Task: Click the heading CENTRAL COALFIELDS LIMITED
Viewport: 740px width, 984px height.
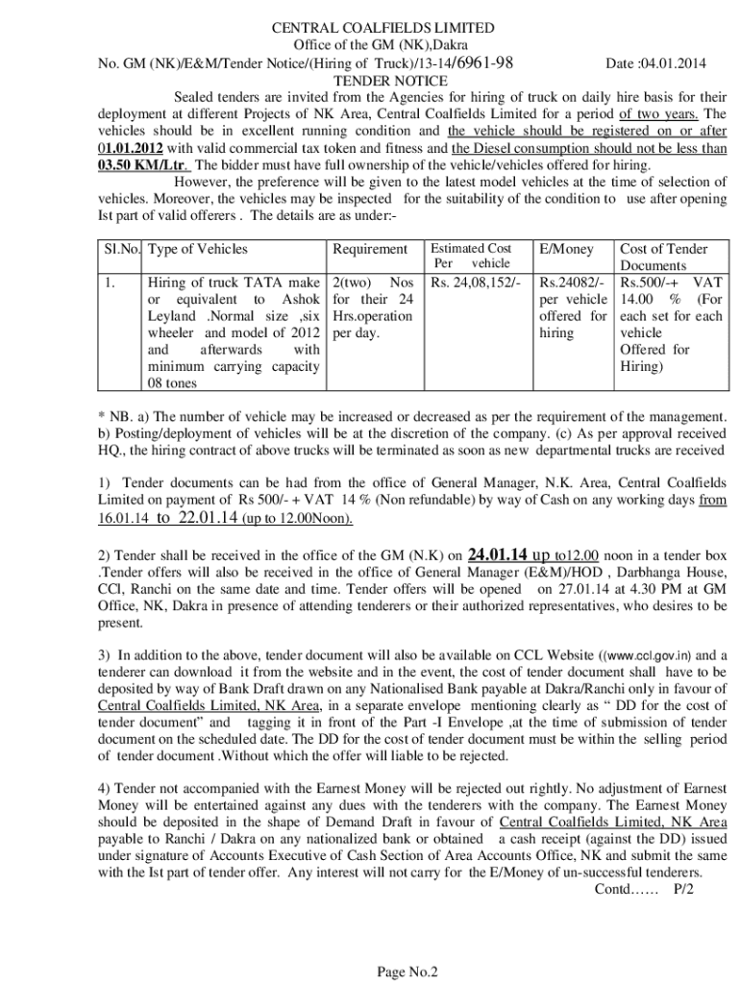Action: [370, 28]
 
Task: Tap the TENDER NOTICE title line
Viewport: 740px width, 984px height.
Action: [370, 81]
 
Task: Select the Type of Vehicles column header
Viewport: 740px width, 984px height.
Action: [199, 249]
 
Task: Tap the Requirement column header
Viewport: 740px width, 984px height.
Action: [370, 249]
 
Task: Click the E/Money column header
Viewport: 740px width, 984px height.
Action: [567, 249]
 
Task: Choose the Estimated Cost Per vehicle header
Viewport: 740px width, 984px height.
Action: [471, 256]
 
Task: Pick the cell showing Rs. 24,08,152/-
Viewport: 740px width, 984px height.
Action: [476, 283]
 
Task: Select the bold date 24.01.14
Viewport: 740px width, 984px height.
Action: [497, 555]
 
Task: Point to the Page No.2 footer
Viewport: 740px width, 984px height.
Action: [407, 972]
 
